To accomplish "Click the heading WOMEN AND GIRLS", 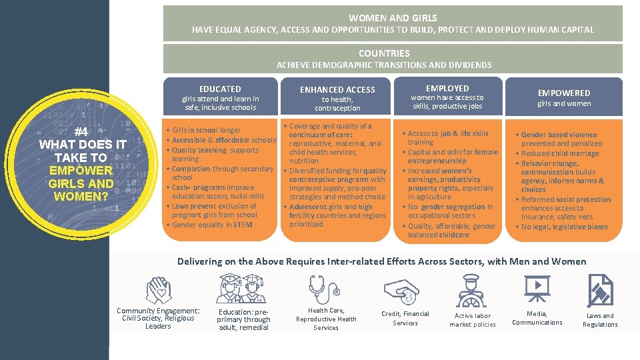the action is click(x=393, y=18).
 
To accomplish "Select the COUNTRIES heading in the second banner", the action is click(x=384, y=53).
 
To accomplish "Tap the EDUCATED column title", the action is click(x=220, y=89).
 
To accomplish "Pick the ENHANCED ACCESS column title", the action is click(x=337, y=89).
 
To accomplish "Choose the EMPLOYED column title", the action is click(x=447, y=88).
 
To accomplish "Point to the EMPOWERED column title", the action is click(x=564, y=93).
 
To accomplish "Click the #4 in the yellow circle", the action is click(x=82, y=131).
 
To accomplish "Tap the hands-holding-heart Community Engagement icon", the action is click(x=159, y=289).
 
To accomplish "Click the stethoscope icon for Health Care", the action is click(x=325, y=289).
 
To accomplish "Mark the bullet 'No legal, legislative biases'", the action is click(x=564, y=227).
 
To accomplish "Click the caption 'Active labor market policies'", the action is click(x=473, y=320).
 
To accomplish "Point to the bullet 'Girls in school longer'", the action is click(x=206, y=130).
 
